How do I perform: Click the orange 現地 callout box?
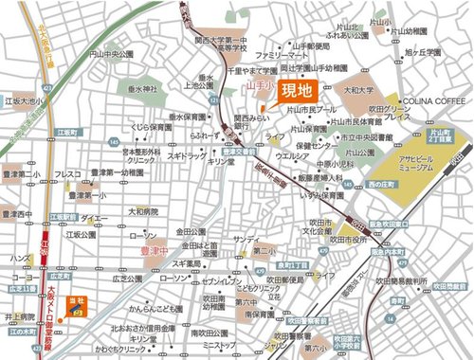[290, 92]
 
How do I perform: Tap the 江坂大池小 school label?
[23, 99]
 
